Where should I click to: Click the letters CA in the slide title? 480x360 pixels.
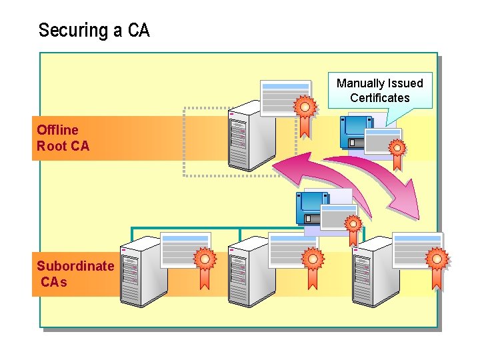pos(138,31)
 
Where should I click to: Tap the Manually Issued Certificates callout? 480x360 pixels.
pos(379,91)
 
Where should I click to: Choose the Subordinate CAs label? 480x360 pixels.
pos(75,274)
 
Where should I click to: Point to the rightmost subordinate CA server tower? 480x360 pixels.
pos(369,276)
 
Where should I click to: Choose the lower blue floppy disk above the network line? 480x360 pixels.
pos(313,207)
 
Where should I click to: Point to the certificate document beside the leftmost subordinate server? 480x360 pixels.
pos(185,248)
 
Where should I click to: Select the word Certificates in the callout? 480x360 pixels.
pos(379,98)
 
